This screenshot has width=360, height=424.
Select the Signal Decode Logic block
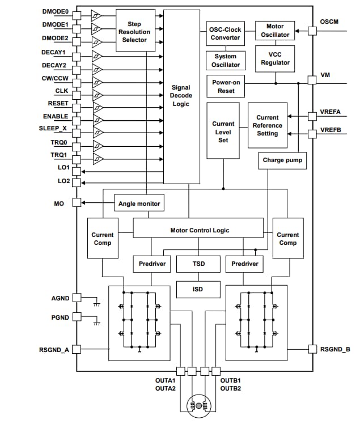[181, 96]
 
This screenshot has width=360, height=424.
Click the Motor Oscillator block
[275, 31]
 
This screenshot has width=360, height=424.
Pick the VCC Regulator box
[275, 59]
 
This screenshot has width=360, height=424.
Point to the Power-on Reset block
[226, 86]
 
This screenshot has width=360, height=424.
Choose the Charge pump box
[282, 160]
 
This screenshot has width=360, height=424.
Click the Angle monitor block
[139, 203]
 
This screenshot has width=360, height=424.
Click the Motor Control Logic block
[198, 230]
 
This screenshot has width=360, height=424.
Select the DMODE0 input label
[55, 11]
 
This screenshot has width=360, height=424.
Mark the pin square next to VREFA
[311, 116]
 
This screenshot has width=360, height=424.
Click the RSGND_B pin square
[311, 349]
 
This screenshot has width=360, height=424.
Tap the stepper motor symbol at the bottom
[198, 405]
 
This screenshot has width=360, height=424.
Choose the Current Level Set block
[223, 132]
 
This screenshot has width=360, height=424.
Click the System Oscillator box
[225, 60]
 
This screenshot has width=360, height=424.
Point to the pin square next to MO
[77, 203]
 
